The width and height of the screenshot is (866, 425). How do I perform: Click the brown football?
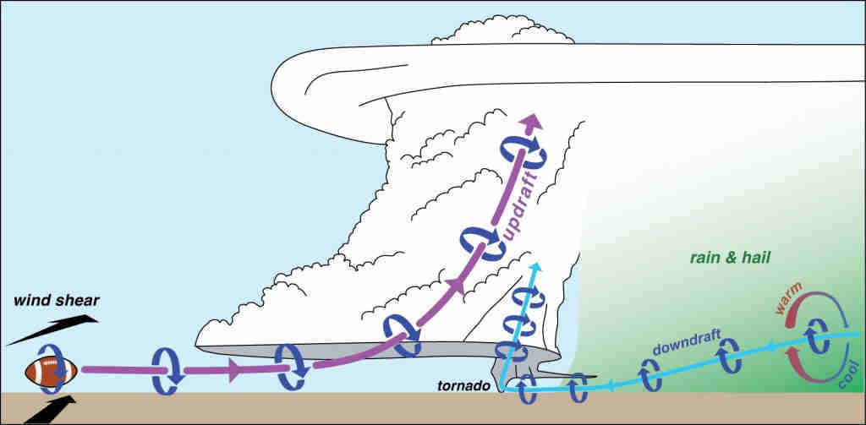(x=51, y=371)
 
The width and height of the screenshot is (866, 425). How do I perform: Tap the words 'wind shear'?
(x=57, y=301)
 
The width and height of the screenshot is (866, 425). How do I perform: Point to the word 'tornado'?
(x=463, y=386)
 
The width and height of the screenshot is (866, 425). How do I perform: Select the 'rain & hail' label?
(x=730, y=257)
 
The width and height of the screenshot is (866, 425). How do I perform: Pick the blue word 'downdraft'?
(x=687, y=342)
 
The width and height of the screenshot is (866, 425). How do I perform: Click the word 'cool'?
(x=845, y=375)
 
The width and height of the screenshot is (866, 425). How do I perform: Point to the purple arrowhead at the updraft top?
(x=531, y=122)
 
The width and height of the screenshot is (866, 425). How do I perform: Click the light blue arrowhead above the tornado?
(x=535, y=268)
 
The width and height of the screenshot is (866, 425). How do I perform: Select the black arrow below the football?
(x=50, y=409)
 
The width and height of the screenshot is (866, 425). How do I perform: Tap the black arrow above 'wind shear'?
(x=53, y=330)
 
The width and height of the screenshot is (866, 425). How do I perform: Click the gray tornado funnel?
(x=517, y=374)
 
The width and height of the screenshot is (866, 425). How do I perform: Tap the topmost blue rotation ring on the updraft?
(x=523, y=153)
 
